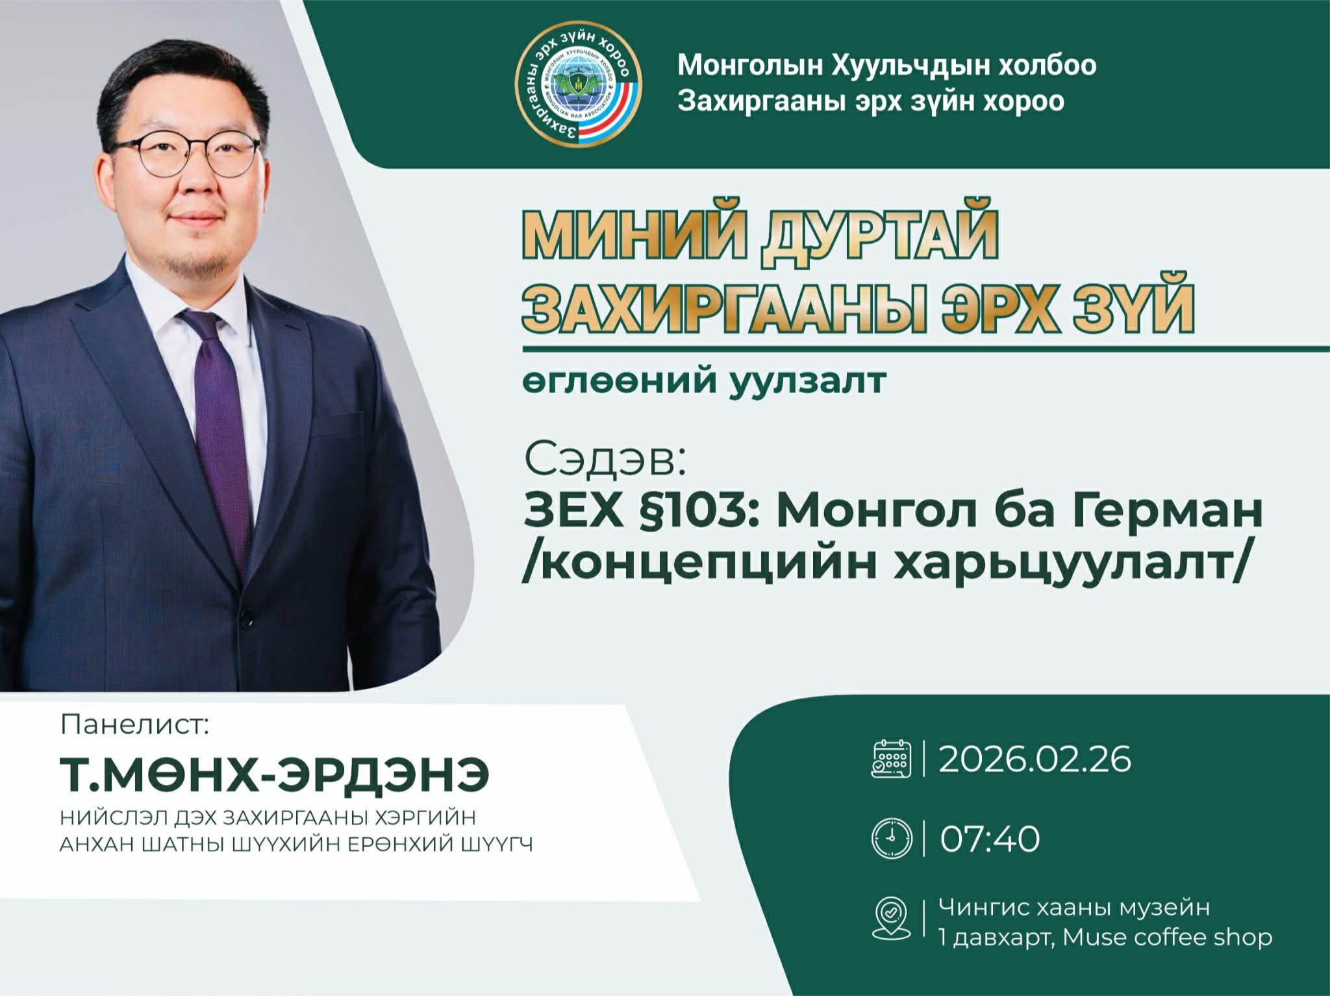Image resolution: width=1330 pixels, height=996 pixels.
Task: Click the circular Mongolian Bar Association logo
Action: click(x=577, y=86)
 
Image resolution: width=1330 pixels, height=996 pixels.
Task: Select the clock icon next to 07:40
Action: click(x=891, y=837)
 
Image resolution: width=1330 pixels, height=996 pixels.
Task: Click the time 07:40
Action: click(x=990, y=838)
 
